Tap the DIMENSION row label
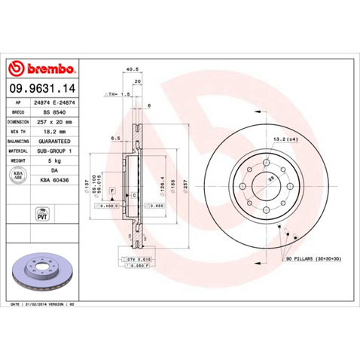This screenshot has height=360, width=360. [x=18, y=121]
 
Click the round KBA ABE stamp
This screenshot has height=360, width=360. [x=18, y=175]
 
